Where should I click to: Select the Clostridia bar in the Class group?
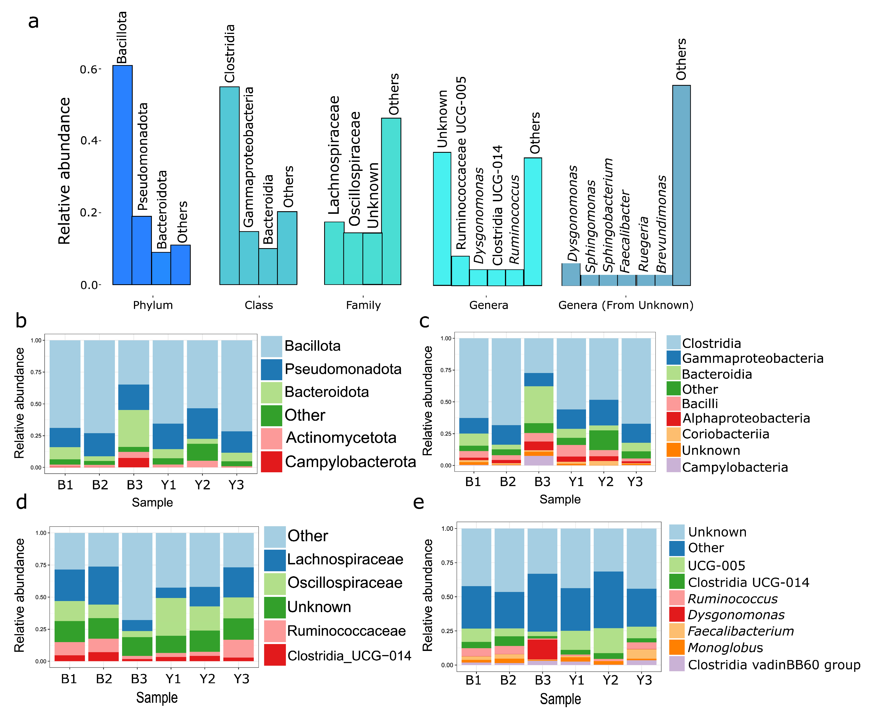229,186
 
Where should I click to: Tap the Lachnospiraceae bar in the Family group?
334,253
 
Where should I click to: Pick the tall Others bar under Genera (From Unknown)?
681,186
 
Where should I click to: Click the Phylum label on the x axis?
153,305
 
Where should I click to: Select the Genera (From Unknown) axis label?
626,305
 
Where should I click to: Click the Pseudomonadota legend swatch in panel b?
271,369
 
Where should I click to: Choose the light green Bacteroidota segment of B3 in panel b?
134,428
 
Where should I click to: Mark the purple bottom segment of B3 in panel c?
539,460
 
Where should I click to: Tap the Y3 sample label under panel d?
241,679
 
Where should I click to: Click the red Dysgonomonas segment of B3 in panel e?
542,650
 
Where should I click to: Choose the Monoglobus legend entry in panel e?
725,648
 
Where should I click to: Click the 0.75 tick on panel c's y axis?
446,370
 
